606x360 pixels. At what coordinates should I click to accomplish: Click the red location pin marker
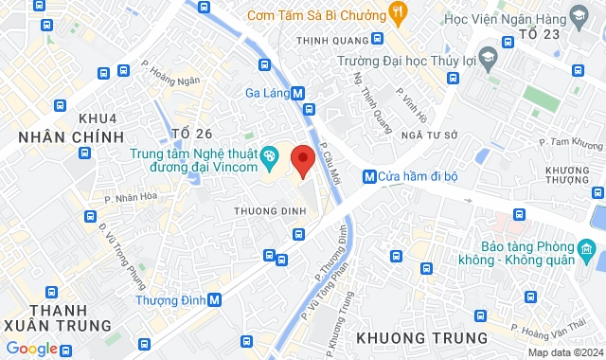pyautogui.click(x=303, y=160)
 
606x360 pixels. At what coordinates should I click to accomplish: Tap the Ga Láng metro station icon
pyautogui.click(x=299, y=93)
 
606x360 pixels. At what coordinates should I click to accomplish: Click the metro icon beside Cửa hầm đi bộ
pyautogui.click(x=368, y=176)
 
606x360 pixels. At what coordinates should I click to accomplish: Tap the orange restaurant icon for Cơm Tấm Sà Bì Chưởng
pyautogui.click(x=399, y=14)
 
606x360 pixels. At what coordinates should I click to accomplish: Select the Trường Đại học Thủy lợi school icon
pyautogui.click(x=488, y=57)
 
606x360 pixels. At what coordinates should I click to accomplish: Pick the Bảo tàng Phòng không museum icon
pyautogui.click(x=586, y=253)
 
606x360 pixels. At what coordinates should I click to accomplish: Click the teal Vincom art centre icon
pyautogui.click(x=270, y=153)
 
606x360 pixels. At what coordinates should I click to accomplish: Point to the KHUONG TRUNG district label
pyautogui.click(x=422, y=336)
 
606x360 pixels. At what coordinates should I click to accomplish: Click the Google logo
pyautogui.click(x=32, y=348)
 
